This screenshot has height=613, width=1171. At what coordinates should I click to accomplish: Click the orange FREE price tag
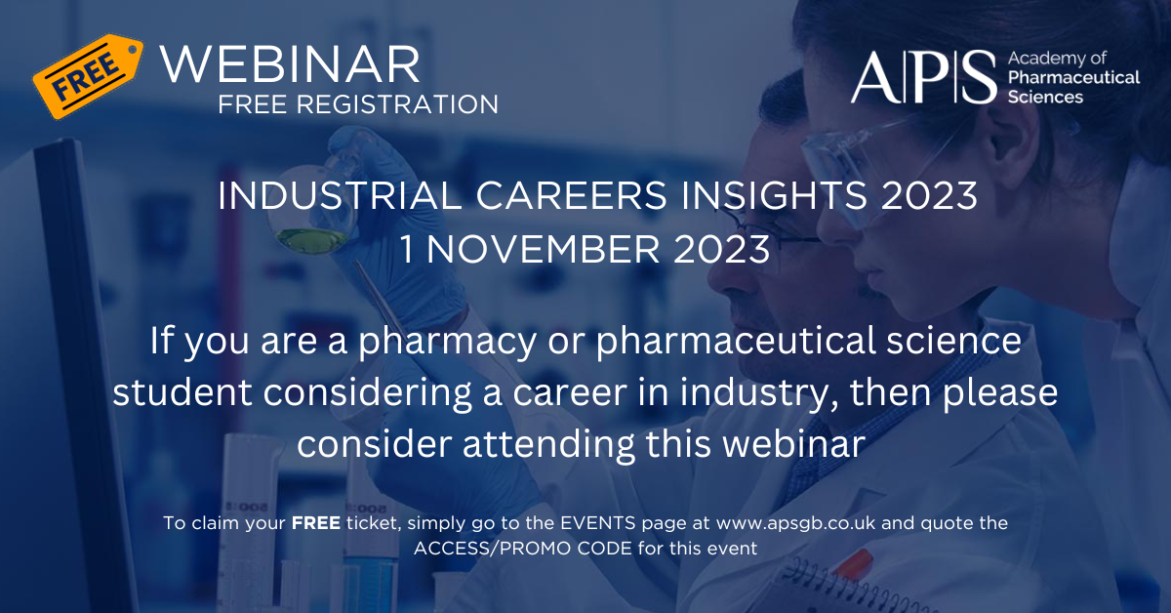(x=88, y=76)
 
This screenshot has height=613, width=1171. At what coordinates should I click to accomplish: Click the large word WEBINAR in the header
(x=290, y=64)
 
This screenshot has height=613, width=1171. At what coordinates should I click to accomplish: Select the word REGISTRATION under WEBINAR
(x=397, y=104)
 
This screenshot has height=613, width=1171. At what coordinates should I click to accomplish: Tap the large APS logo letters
(x=924, y=77)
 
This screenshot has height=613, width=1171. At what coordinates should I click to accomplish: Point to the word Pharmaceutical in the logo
(x=1073, y=77)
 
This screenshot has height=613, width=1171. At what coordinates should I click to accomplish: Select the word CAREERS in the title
(x=571, y=196)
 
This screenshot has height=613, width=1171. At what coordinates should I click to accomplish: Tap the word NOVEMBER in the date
(x=544, y=249)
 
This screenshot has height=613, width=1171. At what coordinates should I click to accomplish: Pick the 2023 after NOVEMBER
(x=721, y=249)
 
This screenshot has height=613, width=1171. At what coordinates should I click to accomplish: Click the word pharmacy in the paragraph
(x=448, y=342)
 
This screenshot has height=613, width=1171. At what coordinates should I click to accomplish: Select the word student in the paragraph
(x=182, y=392)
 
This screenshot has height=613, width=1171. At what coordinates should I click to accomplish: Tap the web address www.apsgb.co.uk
(x=795, y=523)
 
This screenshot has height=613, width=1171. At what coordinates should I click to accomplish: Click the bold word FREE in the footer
(x=316, y=523)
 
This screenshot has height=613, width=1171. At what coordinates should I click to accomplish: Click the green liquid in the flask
(x=310, y=240)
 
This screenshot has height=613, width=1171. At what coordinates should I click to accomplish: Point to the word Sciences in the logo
(x=1045, y=98)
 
